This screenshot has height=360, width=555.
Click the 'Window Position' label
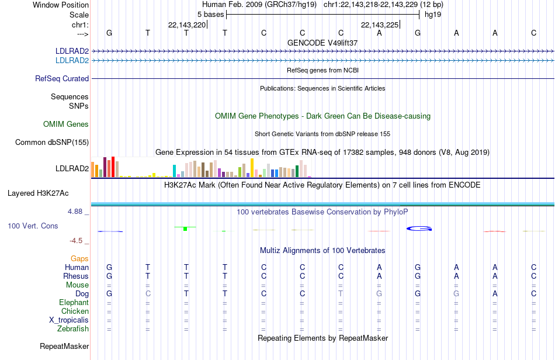click(61, 5)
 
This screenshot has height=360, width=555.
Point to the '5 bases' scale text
click(210, 15)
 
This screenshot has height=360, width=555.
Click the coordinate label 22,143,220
click(187, 25)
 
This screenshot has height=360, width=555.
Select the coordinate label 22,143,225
click(380, 25)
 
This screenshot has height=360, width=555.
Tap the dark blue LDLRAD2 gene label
click(72, 51)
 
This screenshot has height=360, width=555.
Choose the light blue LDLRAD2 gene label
click(72, 61)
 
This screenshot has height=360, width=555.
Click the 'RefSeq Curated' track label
click(62, 78)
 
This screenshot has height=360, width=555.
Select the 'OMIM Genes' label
click(66, 124)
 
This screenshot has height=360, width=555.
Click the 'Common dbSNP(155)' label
click(52, 142)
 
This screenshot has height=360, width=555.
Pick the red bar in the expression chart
click(113, 167)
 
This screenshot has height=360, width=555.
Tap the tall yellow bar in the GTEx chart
click(252, 168)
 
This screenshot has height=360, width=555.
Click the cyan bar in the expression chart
click(174, 171)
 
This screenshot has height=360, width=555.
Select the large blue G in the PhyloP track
click(419, 229)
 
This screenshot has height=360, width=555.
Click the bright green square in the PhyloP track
click(185, 229)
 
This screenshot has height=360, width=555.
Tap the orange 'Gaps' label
click(79, 259)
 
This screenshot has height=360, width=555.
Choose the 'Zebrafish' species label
click(73, 329)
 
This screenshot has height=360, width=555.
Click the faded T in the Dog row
click(341, 294)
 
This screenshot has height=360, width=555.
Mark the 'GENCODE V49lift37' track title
click(322, 43)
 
